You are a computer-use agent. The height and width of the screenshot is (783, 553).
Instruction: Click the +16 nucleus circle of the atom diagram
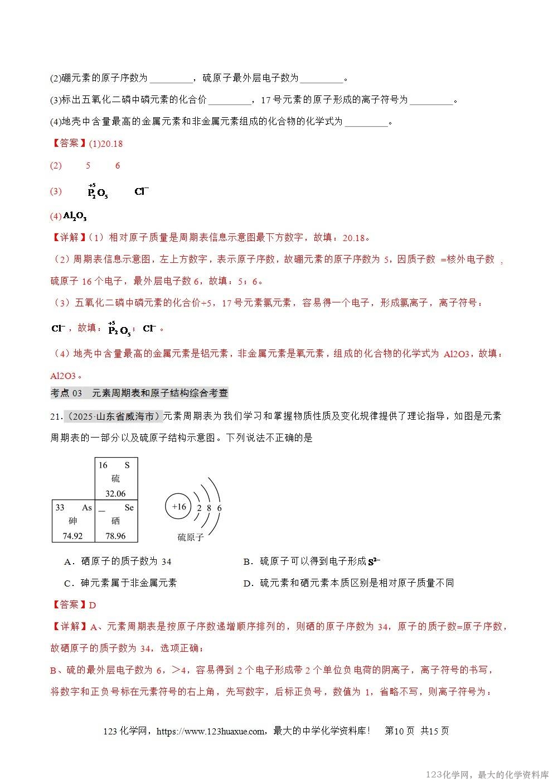(179, 507)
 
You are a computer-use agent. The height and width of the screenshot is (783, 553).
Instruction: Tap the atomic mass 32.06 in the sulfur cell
(115, 493)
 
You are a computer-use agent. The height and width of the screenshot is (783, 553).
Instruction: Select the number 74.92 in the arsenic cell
(72, 536)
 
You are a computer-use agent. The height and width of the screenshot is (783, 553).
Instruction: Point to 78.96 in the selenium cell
(115, 536)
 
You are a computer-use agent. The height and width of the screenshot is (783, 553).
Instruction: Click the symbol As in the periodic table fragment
(86, 507)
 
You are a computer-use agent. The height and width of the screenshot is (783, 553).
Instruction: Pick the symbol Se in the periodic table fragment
(129, 507)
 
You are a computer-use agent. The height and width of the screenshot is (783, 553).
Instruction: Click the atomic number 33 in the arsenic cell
(60, 507)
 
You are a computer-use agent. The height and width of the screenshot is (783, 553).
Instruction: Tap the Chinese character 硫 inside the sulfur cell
(115, 479)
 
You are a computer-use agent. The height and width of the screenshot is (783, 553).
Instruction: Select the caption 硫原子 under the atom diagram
(191, 538)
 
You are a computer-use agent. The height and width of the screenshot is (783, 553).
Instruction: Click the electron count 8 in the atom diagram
(208, 508)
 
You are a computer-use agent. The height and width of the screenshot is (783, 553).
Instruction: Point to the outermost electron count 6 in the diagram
(219, 508)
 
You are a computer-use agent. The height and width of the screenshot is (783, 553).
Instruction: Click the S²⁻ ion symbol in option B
(373, 561)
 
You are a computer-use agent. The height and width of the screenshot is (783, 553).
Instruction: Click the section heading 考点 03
(66, 393)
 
